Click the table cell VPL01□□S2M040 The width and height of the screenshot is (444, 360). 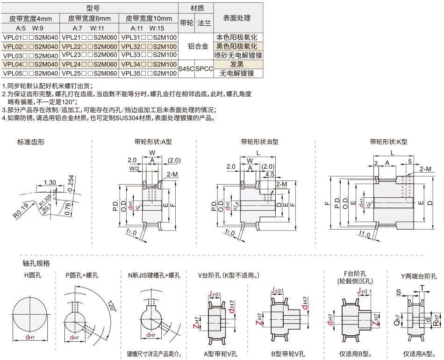[30, 37]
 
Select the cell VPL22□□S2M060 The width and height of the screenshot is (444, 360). [89, 47]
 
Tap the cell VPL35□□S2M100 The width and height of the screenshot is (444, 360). [149, 73]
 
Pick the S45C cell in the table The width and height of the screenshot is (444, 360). [186, 69]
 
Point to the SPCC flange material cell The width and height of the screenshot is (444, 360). [204, 69]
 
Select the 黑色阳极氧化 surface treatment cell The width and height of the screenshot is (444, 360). [236, 46]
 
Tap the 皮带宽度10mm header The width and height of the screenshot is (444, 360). [149, 19]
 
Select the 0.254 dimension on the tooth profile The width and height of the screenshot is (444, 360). [71, 183]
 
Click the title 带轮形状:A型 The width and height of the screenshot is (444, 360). [153, 142]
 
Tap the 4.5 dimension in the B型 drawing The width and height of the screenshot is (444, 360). [269, 174]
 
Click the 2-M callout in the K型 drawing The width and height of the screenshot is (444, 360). [425, 169]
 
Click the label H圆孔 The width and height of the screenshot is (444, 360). [33, 275]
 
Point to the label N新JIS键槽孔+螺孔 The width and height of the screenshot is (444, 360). [154, 275]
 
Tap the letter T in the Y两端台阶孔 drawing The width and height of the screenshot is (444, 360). [423, 287]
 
